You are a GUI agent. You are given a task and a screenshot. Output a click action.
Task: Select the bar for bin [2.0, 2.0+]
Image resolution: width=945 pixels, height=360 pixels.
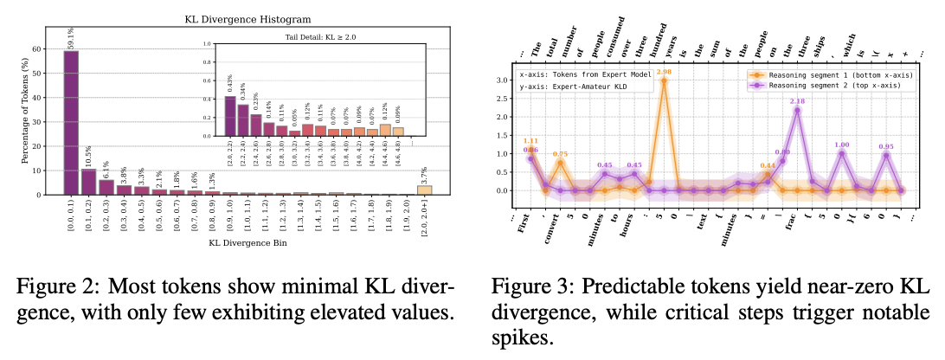click(424, 190)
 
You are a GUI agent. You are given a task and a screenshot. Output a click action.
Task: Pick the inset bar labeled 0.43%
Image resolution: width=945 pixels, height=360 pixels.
click(229, 116)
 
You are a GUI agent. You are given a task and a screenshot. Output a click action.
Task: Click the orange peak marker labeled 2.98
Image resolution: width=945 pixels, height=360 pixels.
click(663, 80)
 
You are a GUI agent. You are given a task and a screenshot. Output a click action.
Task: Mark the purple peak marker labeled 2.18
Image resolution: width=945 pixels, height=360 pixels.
click(799, 110)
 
